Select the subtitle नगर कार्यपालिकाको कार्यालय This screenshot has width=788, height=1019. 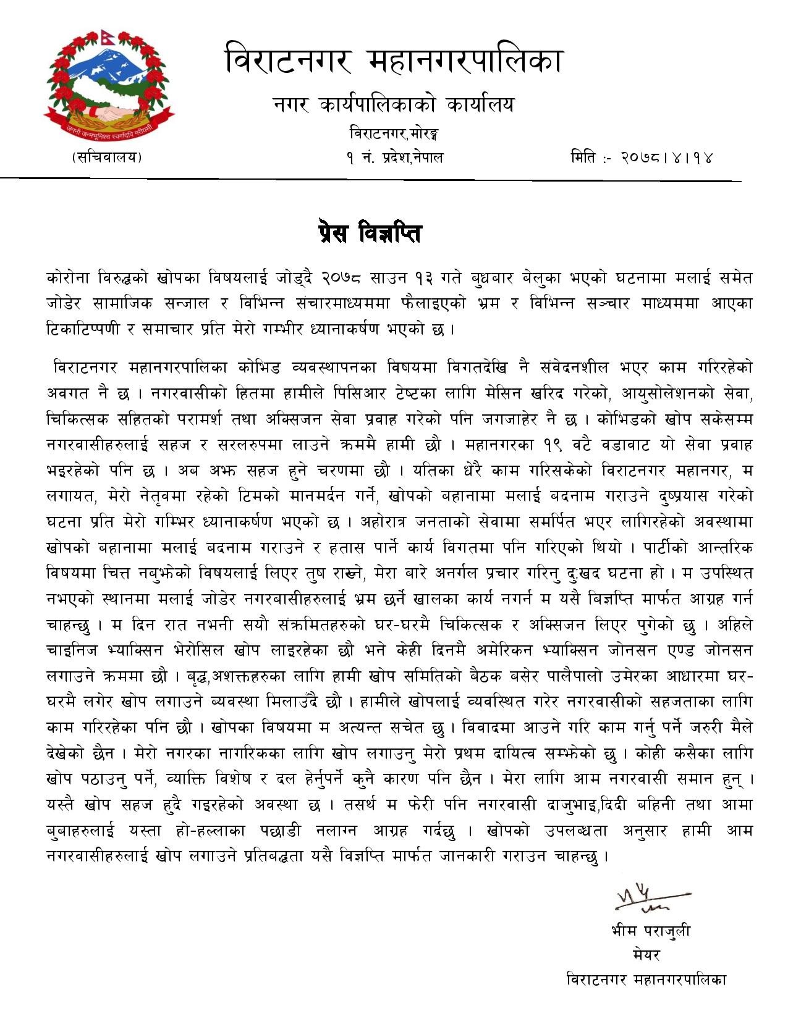click(394, 105)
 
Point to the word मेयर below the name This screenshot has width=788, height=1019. click(647, 955)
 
